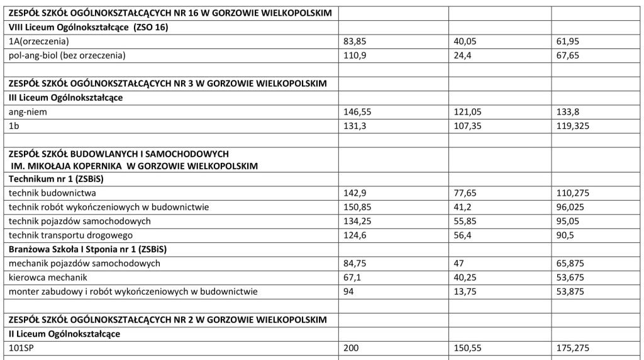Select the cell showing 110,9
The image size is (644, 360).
[x=353, y=55]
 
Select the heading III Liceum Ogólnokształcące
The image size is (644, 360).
[x=65, y=98]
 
